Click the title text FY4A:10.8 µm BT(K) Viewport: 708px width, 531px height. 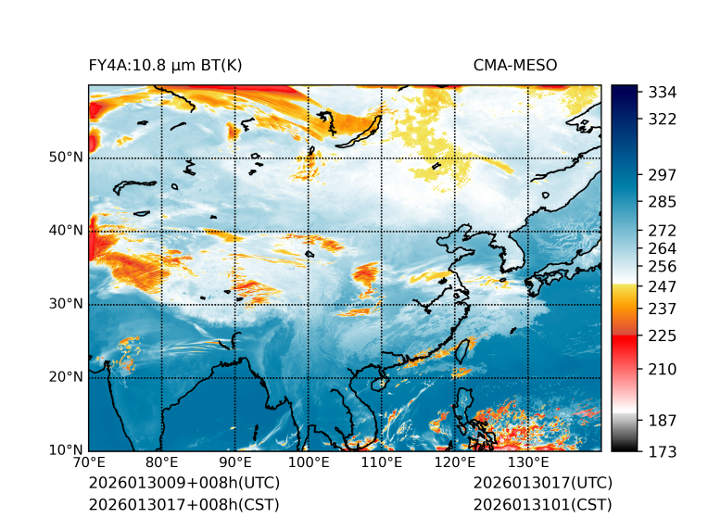pyautogui.click(x=165, y=65)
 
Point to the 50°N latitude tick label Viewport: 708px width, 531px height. pyautogui.click(x=66, y=158)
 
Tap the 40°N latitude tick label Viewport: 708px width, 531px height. pyautogui.click(x=66, y=231)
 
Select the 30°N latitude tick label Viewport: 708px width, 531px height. pyautogui.click(x=66, y=304)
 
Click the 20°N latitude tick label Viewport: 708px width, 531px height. pyautogui.click(x=66, y=377)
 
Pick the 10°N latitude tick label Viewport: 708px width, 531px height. pyautogui.click(x=66, y=450)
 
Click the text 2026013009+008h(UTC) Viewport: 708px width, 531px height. pyautogui.click(x=183, y=484)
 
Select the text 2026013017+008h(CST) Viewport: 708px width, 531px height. pyautogui.click(x=183, y=505)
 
